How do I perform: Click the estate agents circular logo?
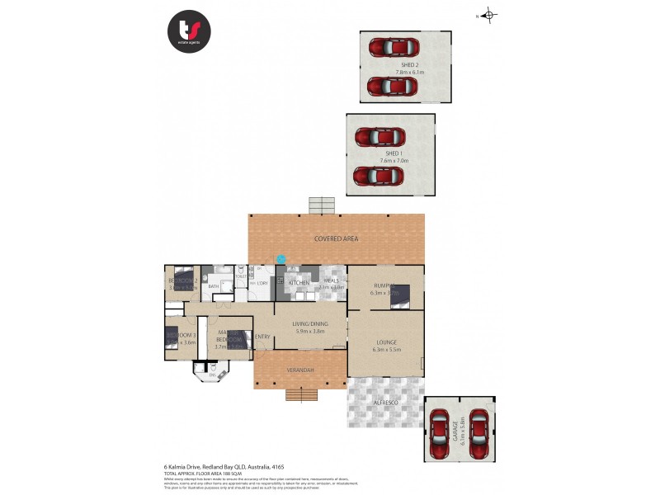click(x=189, y=31)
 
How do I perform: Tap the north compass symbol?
click(x=488, y=15)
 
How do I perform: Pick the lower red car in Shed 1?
click(x=376, y=176)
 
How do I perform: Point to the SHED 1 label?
click(x=391, y=153)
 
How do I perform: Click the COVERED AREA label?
click(x=336, y=238)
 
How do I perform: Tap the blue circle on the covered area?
click(x=280, y=258)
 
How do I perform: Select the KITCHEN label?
click(x=299, y=283)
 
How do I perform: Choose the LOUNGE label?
click(x=386, y=342)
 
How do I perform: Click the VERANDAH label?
click(x=300, y=370)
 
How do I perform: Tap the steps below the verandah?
click(x=302, y=394)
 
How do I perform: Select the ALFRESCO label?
click(x=386, y=401)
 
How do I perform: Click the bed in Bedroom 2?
click(x=182, y=276)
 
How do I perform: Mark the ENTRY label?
click(x=262, y=337)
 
